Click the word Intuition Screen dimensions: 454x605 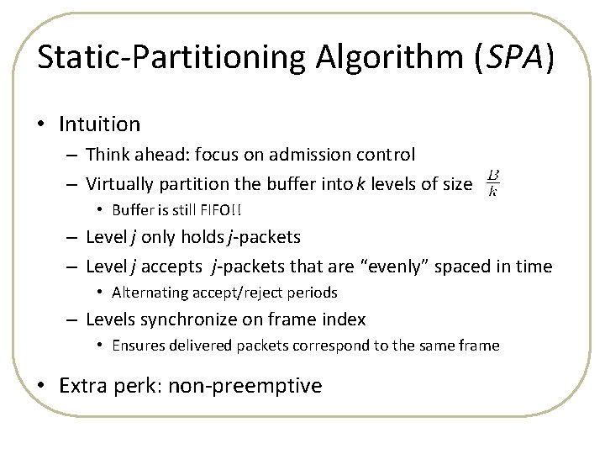99,124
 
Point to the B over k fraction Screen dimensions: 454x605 493,182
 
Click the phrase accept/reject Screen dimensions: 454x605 230,293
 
